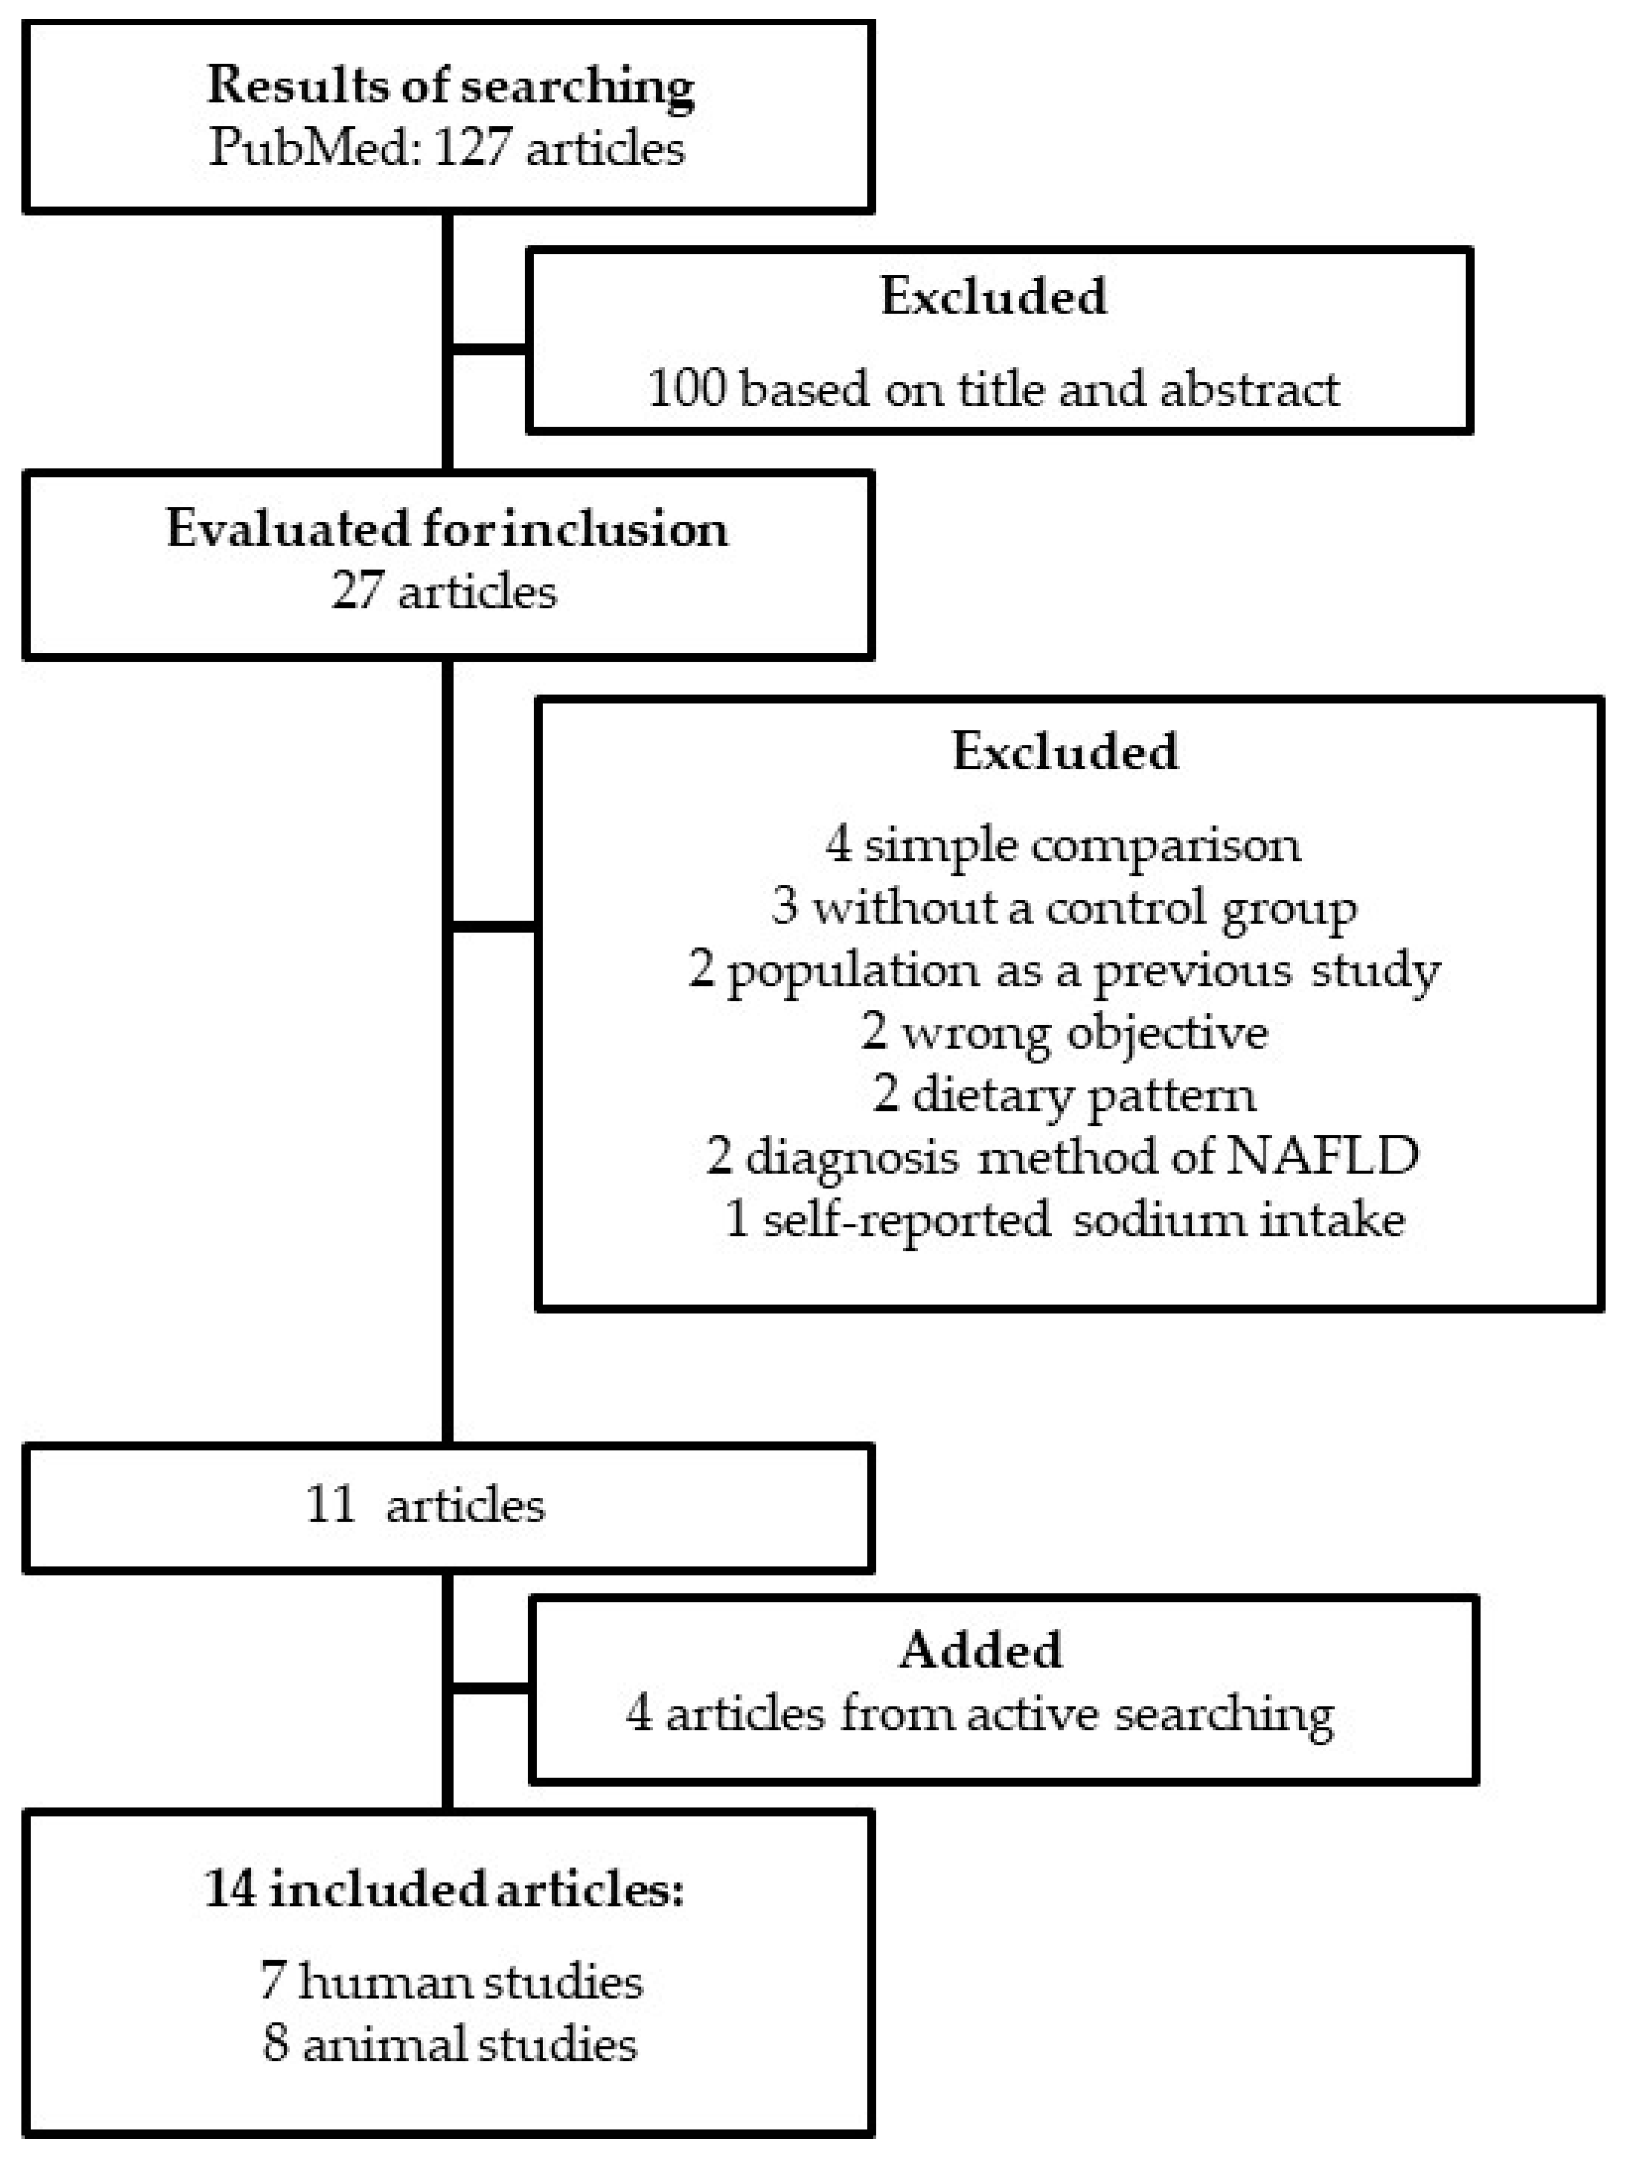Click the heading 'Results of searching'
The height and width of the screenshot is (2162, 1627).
tap(450, 86)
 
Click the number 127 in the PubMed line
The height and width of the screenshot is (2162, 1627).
tap(471, 149)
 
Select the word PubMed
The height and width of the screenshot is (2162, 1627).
tap(314, 149)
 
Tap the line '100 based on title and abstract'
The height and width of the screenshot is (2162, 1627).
tap(992, 390)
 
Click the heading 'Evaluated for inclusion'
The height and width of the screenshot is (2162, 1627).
tap(447, 529)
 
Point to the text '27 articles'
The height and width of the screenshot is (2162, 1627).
tap(444, 592)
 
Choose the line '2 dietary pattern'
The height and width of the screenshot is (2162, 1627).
tap(1063, 1094)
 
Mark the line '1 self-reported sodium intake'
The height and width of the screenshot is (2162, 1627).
tap(1063, 1220)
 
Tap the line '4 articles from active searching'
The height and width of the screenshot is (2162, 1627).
tap(980, 1714)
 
